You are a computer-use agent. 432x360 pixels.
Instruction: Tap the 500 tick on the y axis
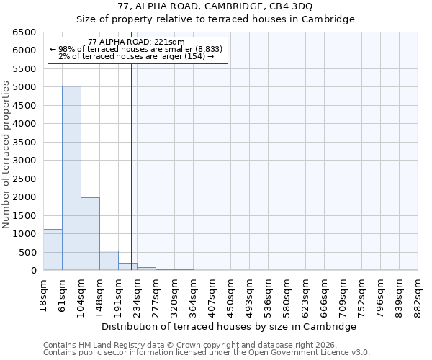point(29,252)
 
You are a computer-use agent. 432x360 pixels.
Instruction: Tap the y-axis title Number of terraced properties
point(6,155)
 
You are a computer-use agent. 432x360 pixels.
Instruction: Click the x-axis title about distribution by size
point(229,326)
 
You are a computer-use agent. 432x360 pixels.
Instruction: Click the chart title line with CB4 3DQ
point(215,6)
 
